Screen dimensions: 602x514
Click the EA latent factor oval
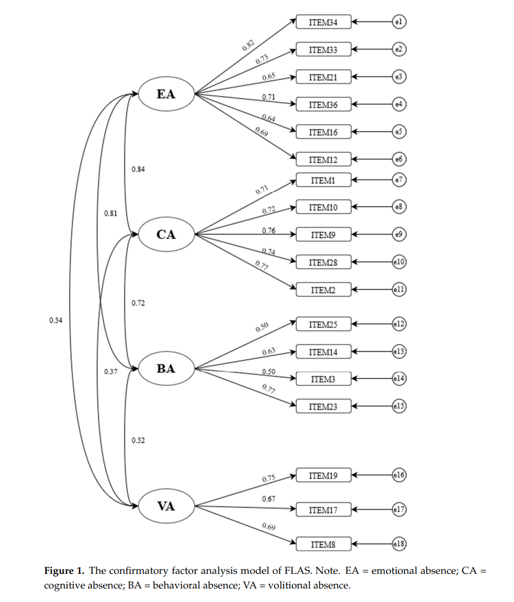point(166,94)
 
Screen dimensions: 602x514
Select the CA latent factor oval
point(166,234)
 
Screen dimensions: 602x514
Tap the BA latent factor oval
point(166,369)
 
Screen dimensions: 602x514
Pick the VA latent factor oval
point(166,506)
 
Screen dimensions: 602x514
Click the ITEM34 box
point(324,23)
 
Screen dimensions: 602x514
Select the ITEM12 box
point(324,160)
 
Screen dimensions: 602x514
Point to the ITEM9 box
point(324,235)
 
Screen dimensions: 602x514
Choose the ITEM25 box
point(324,324)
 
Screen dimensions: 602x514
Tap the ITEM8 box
point(324,544)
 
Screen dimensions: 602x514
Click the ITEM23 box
point(324,406)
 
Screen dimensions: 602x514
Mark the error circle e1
point(399,23)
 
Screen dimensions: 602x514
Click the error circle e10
point(399,262)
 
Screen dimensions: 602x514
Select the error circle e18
point(399,544)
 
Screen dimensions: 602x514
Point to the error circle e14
point(399,379)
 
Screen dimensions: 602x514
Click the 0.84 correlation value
point(138,170)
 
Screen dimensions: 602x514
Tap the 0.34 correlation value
point(56,320)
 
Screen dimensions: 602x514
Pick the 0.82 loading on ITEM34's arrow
point(249,46)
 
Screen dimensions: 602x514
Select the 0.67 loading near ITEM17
point(268,499)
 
